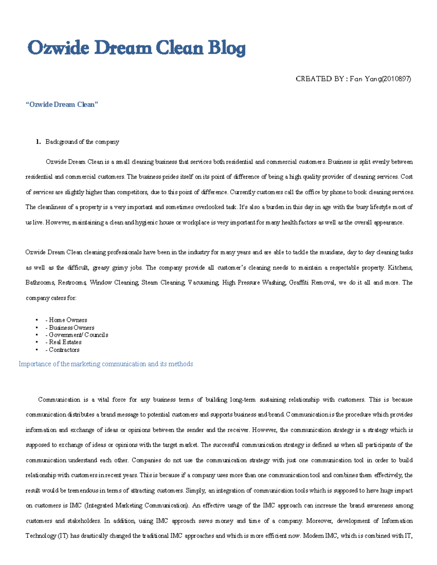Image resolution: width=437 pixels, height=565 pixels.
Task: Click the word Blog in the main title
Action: coord(227,48)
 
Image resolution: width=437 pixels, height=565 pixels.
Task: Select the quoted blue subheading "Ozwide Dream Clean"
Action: coord(62,104)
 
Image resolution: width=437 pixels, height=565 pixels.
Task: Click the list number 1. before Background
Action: coord(38,142)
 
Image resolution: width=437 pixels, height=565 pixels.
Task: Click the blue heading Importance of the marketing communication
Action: coord(106,364)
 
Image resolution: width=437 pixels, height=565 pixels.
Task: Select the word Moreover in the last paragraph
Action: coord(319,521)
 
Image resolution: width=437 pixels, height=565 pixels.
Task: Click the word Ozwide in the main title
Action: coord(58,48)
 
